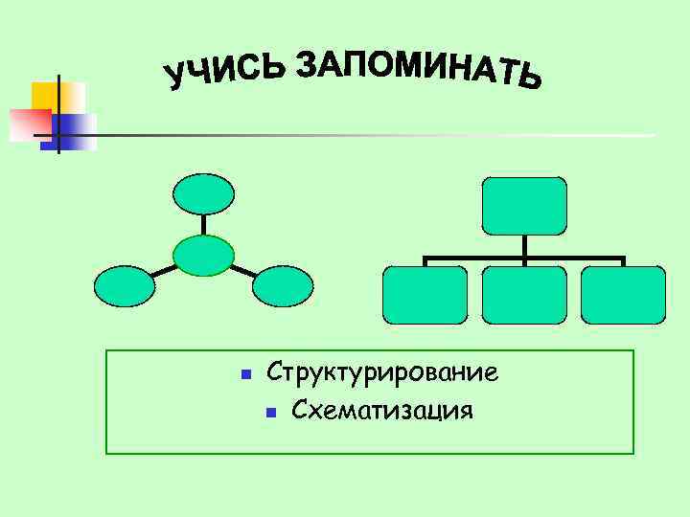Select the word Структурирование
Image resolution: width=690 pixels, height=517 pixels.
(382, 371)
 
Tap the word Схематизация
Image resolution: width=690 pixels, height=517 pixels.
(382, 411)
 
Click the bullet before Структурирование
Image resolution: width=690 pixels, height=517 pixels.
(244, 373)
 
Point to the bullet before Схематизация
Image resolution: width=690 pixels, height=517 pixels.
(270, 413)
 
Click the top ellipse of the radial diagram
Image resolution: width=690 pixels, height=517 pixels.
(203, 194)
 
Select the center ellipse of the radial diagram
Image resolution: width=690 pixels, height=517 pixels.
(203, 255)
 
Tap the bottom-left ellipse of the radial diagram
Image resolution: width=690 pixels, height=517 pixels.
(124, 286)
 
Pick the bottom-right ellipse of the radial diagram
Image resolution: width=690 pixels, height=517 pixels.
(283, 286)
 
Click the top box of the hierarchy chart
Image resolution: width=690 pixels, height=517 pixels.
(524, 206)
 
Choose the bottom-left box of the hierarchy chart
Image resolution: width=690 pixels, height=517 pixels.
(425, 295)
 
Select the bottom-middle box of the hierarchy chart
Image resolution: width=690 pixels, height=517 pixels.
(524, 295)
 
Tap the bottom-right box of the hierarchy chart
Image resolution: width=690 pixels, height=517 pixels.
(623, 295)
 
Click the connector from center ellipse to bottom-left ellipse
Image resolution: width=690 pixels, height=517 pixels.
(164, 271)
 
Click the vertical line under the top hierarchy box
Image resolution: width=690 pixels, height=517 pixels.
(524, 246)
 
